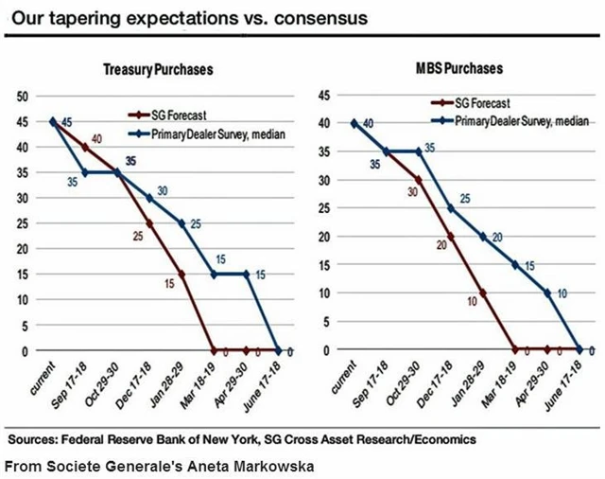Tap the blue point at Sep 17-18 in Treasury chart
pyautogui.click(x=86, y=171)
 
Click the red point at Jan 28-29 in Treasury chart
pyautogui.click(x=180, y=274)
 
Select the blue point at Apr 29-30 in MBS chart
pyautogui.click(x=546, y=293)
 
